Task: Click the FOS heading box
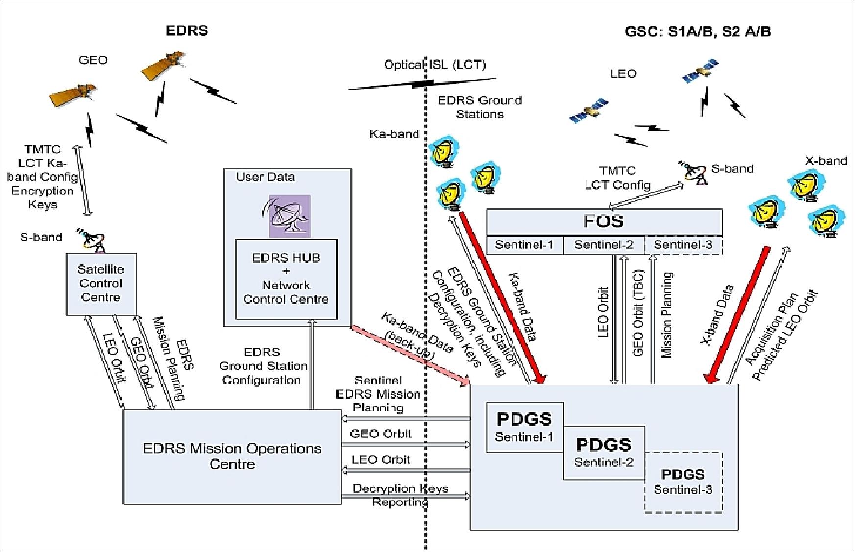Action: (x=603, y=222)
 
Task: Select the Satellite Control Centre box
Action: (x=101, y=284)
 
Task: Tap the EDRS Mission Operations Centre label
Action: (x=232, y=456)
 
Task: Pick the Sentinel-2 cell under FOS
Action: (x=603, y=245)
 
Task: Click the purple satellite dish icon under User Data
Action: (x=290, y=216)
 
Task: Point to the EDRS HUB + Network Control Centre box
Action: (x=286, y=279)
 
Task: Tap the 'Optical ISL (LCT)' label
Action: (x=435, y=65)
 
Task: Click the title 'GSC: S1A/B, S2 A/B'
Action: (x=697, y=32)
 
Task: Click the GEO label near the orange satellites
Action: (x=93, y=60)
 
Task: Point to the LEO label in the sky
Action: (x=623, y=73)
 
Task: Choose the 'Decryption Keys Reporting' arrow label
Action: (x=400, y=495)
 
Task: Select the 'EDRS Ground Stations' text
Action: (x=480, y=107)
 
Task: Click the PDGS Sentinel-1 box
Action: (x=524, y=426)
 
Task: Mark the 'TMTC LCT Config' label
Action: (x=617, y=178)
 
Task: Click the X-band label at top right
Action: (x=826, y=161)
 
